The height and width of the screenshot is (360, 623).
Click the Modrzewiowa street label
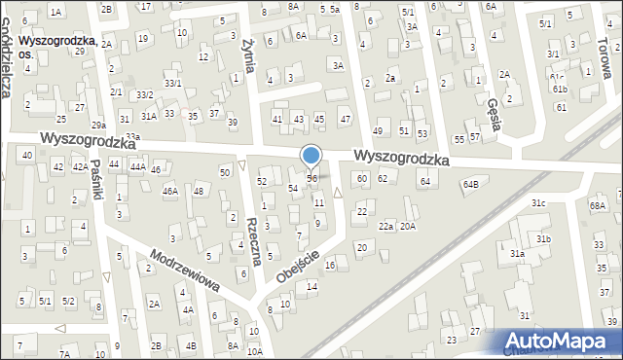[183, 273]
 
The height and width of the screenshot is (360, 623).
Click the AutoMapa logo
[560, 342]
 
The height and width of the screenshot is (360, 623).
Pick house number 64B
[471, 184]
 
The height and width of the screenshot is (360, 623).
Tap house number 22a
[386, 227]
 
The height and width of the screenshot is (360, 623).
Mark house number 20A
[408, 227]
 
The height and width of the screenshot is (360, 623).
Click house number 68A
[598, 206]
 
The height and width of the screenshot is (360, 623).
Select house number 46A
[169, 192]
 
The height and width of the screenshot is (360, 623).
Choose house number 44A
[138, 167]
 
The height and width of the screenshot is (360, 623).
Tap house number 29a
[98, 126]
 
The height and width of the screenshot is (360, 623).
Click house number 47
[345, 119]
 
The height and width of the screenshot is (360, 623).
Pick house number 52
[262, 182]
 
